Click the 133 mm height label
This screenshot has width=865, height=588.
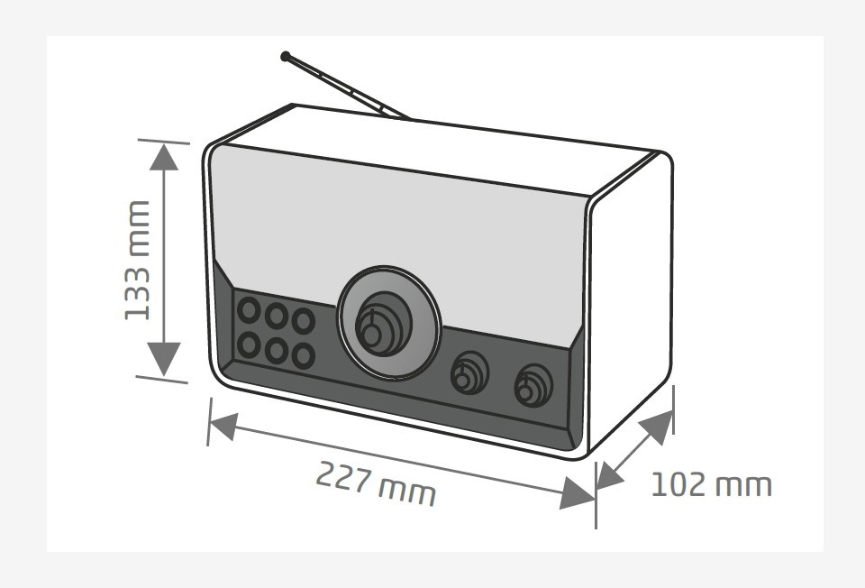pyautogui.click(x=137, y=260)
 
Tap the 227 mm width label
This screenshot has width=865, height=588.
pyautogui.click(x=376, y=483)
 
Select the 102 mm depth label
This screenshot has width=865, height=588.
pyautogui.click(x=712, y=485)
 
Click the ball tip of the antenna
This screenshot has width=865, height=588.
pyautogui.click(x=286, y=56)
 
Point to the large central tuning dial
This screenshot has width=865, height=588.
pyautogui.click(x=389, y=323)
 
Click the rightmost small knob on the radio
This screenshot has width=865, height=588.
pyautogui.click(x=533, y=385)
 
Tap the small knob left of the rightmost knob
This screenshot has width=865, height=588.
pyautogui.click(x=469, y=372)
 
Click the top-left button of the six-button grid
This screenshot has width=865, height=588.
pyautogui.click(x=249, y=309)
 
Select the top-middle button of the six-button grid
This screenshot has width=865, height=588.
pyautogui.click(x=277, y=316)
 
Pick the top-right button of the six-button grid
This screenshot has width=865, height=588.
pyautogui.click(x=304, y=321)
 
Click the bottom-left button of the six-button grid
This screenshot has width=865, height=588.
pyautogui.click(x=249, y=345)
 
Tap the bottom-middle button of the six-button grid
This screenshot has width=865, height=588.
pyautogui.click(x=277, y=350)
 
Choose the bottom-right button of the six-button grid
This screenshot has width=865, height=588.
pyautogui.click(x=304, y=356)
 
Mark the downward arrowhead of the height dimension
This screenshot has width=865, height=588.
pyautogui.click(x=164, y=360)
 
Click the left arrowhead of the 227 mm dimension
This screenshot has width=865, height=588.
pyautogui.click(x=224, y=427)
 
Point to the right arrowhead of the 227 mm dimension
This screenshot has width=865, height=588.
pyautogui.click(x=577, y=492)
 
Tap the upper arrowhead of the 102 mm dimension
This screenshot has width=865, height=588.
pyautogui.click(x=658, y=427)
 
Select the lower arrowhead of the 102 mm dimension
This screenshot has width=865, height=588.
pyautogui.click(x=610, y=476)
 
